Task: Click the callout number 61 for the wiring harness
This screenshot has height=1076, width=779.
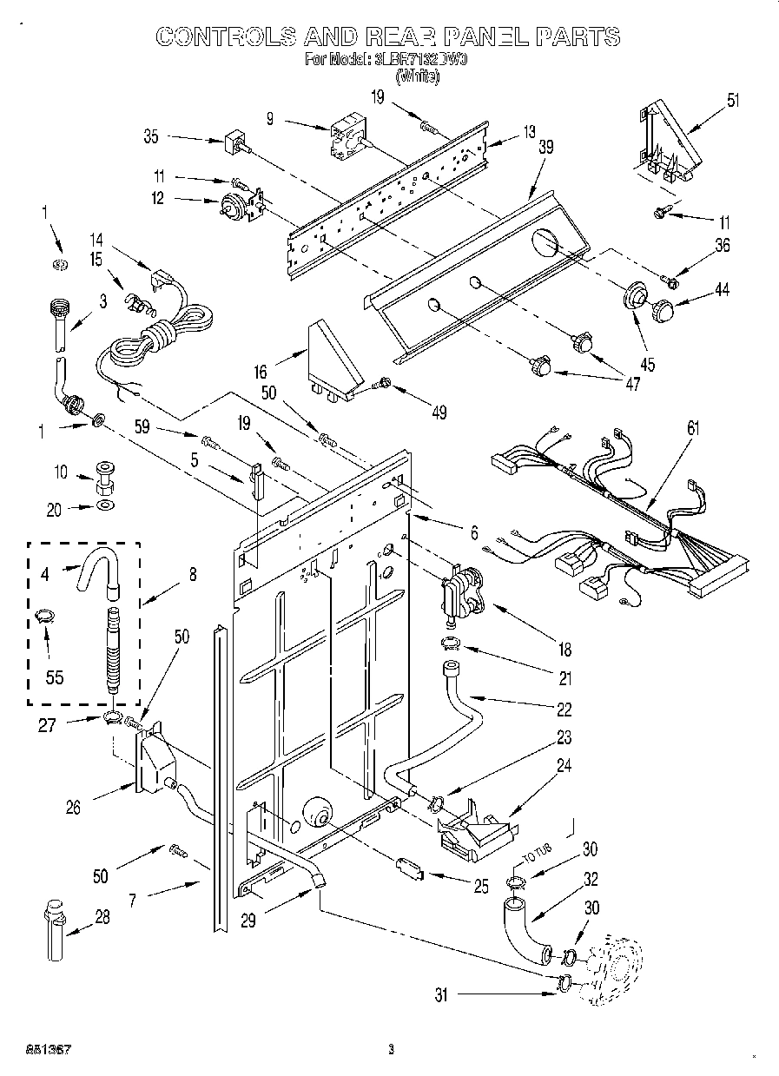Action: pos(692,427)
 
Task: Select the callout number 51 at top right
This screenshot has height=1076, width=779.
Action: pos(733,100)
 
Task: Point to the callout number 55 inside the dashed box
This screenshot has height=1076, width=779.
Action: pos(54,677)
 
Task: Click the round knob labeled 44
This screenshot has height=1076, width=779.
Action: pos(663,309)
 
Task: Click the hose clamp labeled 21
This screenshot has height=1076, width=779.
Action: pos(452,644)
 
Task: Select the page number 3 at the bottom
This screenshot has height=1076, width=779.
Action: pos(391,1049)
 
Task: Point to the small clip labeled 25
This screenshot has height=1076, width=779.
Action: pos(410,867)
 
